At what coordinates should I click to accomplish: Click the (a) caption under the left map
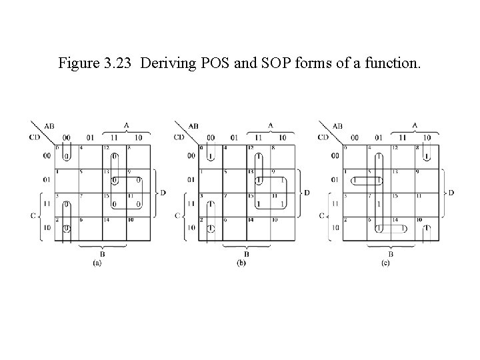click(98, 263)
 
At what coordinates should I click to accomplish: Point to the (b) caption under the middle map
click(242, 263)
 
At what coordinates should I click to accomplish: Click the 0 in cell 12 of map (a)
click(115, 157)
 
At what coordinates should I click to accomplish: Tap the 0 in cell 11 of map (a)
click(137, 205)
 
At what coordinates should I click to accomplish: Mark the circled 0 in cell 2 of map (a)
click(67, 228)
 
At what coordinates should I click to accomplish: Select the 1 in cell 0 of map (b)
click(211, 157)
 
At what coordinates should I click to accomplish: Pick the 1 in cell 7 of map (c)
click(379, 204)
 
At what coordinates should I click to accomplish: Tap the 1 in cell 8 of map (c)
click(427, 157)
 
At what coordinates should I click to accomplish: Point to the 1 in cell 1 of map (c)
click(355, 180)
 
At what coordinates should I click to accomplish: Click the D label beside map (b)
click(306, 193)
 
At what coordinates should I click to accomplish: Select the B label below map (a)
click(103, 253)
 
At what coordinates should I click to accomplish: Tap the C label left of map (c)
click(323, 215)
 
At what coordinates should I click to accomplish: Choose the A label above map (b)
click(271, 125)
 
